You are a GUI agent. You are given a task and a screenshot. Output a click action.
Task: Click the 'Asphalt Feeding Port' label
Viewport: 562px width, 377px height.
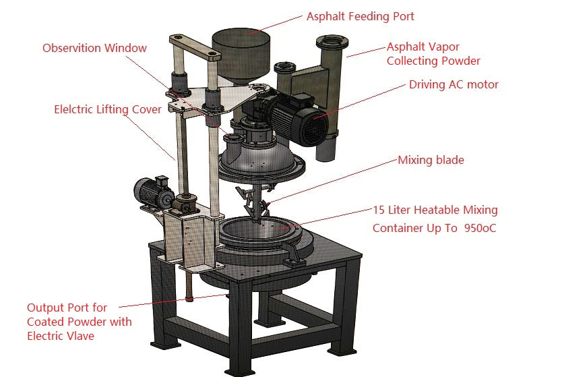click(x=360, y=16)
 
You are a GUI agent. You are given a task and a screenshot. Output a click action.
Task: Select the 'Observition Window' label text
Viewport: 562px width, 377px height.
click(x=94, y=48)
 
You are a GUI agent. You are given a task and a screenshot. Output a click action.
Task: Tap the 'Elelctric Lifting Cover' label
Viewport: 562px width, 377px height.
click(x=108, y=109)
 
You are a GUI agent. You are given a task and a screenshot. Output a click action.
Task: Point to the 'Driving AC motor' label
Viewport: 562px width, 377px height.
click(x=454, y=84)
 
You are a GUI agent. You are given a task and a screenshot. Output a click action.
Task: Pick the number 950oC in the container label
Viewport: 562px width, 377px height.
click(x=480, y=229)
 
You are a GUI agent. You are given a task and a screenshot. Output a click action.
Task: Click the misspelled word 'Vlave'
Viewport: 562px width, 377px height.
click(x=79, y=335)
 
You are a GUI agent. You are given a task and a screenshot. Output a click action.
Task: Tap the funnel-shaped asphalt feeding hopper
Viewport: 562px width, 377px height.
click(x=241, y=54)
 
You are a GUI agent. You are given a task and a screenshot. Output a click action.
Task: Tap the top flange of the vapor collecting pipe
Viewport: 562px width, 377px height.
click(x=332, y=42)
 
